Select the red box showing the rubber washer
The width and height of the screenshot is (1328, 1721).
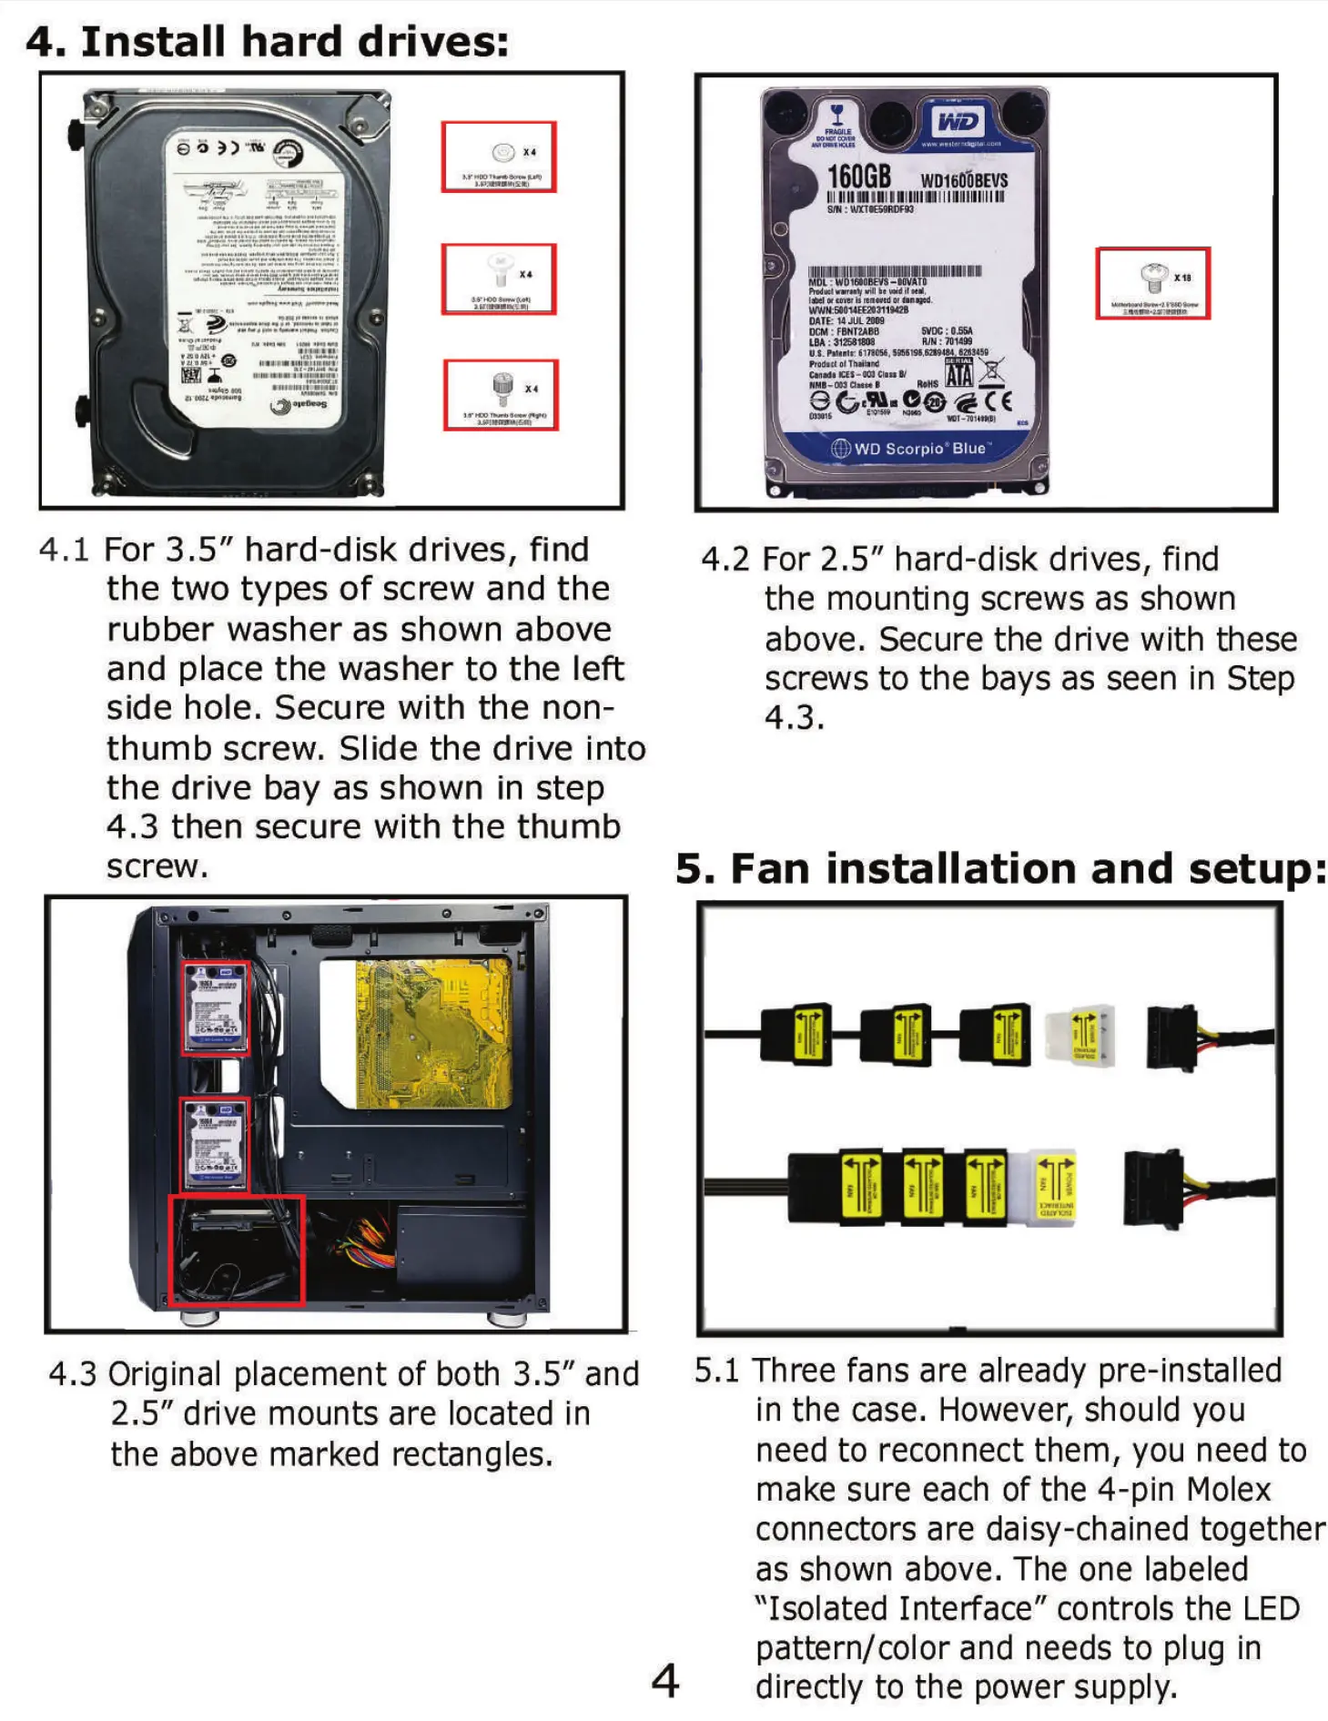[x=499, y=157]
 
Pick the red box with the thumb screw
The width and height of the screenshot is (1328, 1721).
[x=501, y=395]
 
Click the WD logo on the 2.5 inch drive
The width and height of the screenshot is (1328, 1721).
[x=958, y=122]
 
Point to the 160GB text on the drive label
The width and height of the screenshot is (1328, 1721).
[x=858, y=177]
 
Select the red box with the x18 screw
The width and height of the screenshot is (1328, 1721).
[x=1152, y=282]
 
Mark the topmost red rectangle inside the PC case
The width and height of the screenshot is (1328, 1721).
[x=215, y=1007]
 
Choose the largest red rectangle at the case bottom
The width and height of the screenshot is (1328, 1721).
[x=237, y=1250]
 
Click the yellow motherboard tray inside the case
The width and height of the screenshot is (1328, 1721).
[x=433, y=1034]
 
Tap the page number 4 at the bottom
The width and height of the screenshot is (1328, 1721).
[x=665, y=1680]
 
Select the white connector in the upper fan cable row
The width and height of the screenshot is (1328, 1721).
[x=1080, y=1034]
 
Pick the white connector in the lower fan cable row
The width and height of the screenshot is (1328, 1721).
[x=1053, y=1187]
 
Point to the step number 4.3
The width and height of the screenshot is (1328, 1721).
[x=72, y=1374]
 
